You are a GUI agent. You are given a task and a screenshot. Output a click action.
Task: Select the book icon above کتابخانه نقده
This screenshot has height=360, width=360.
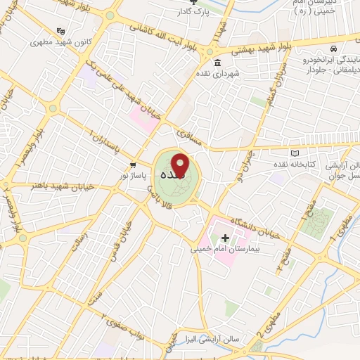(x=295, y=153)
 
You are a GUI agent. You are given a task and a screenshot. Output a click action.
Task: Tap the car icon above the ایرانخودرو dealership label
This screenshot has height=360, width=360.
(x=337, y=50)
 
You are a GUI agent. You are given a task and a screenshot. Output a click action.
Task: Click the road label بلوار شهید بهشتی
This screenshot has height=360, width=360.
(x=252, y=48)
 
